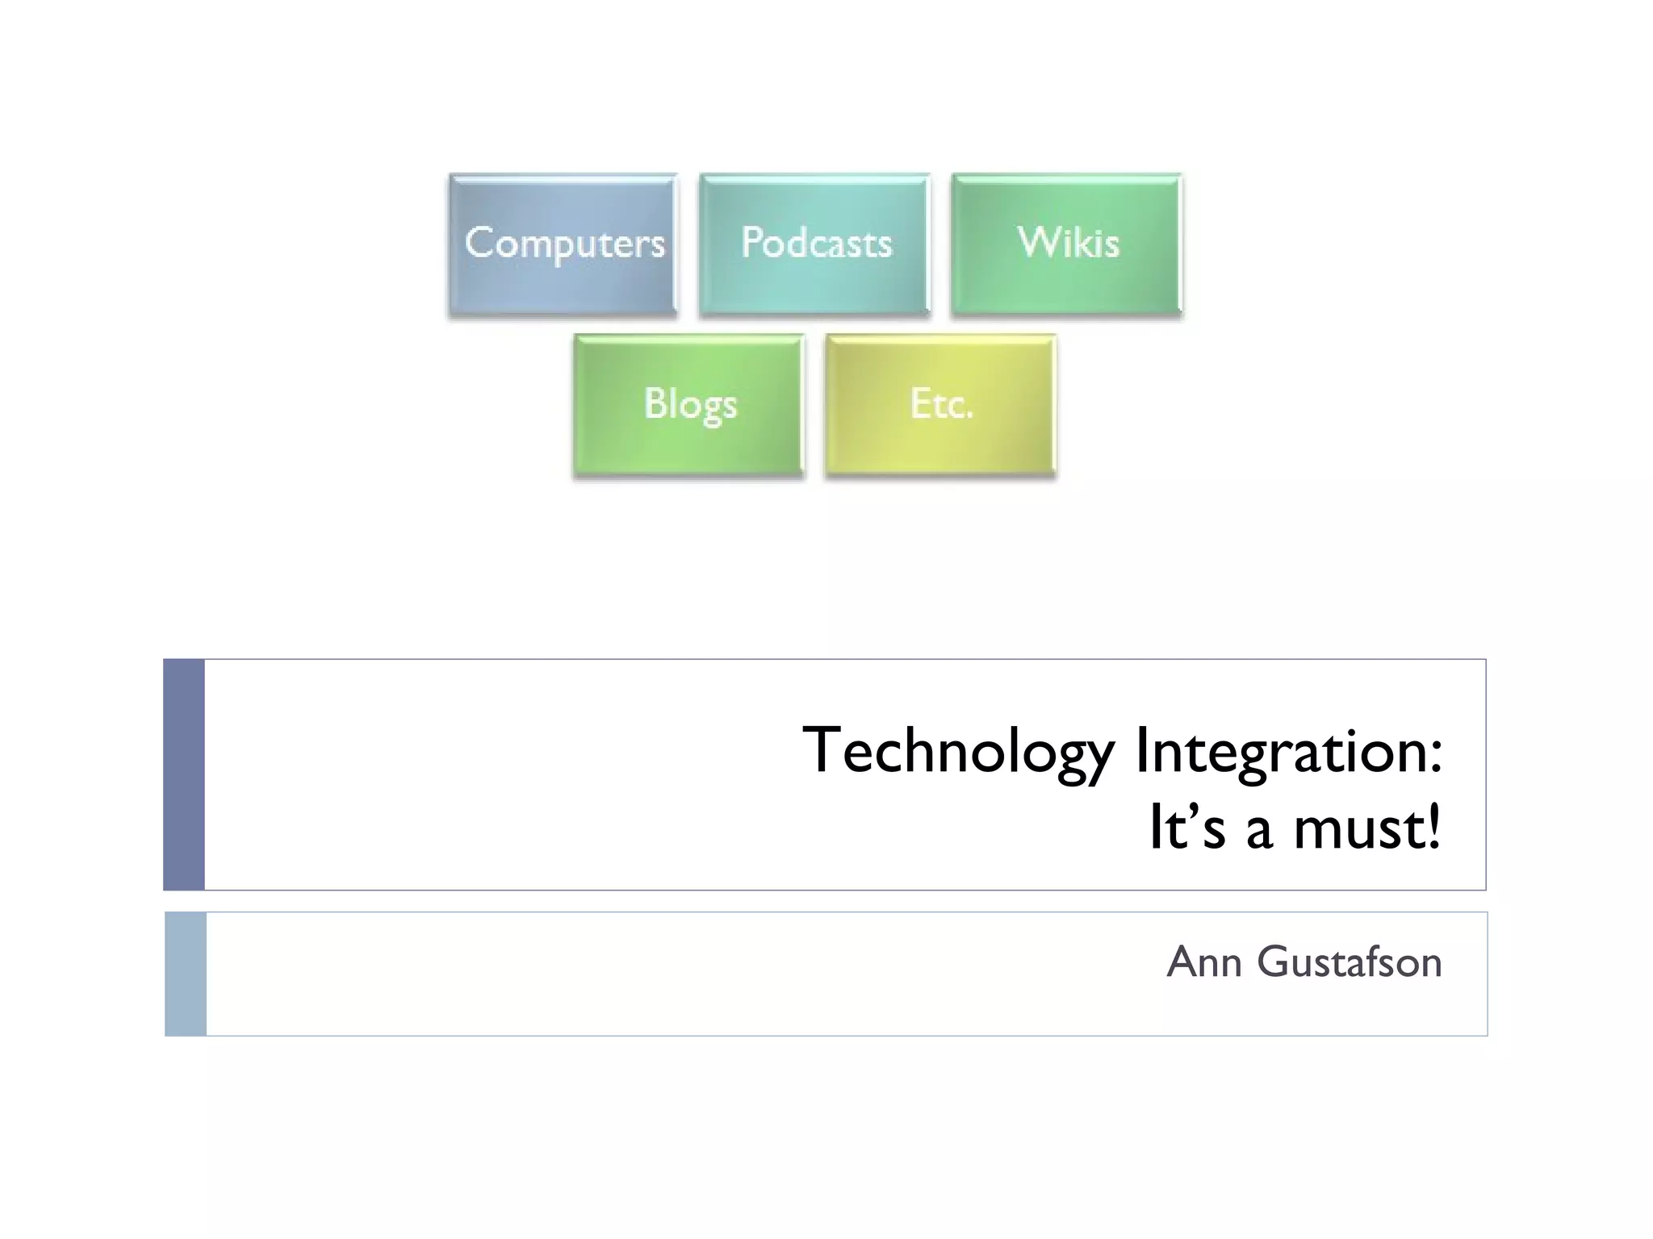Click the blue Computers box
coord(563,244)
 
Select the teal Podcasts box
coord(814,244)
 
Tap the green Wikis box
coord(1066,244)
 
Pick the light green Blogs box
coord(688,405)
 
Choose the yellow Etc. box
coord(940,405)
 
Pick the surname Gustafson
coord(1349,962)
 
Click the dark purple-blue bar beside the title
coord(184,774)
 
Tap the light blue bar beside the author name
coord(186,974)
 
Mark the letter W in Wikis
coord(1035,242)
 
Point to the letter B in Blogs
coord(655,403)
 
